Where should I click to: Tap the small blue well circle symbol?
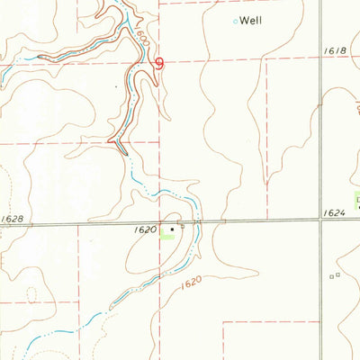tap(237, 21)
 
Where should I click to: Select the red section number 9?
tap(160, 64)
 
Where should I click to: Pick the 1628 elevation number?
tap(13, 219)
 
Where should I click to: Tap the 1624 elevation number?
tap(332, 213)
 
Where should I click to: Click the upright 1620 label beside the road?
tap(144, 230)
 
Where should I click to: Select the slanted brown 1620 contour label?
tap(189, 283)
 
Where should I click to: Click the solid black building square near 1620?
tap(172, 229)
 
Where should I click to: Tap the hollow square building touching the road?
tap(182, 227)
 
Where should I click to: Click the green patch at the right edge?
tap(356, 200)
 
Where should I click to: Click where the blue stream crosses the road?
tap(200, 223)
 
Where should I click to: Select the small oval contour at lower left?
tap(33, 294)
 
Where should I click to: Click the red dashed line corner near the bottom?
tap(223, 320)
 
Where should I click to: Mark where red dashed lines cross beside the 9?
tap(160, 61)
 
